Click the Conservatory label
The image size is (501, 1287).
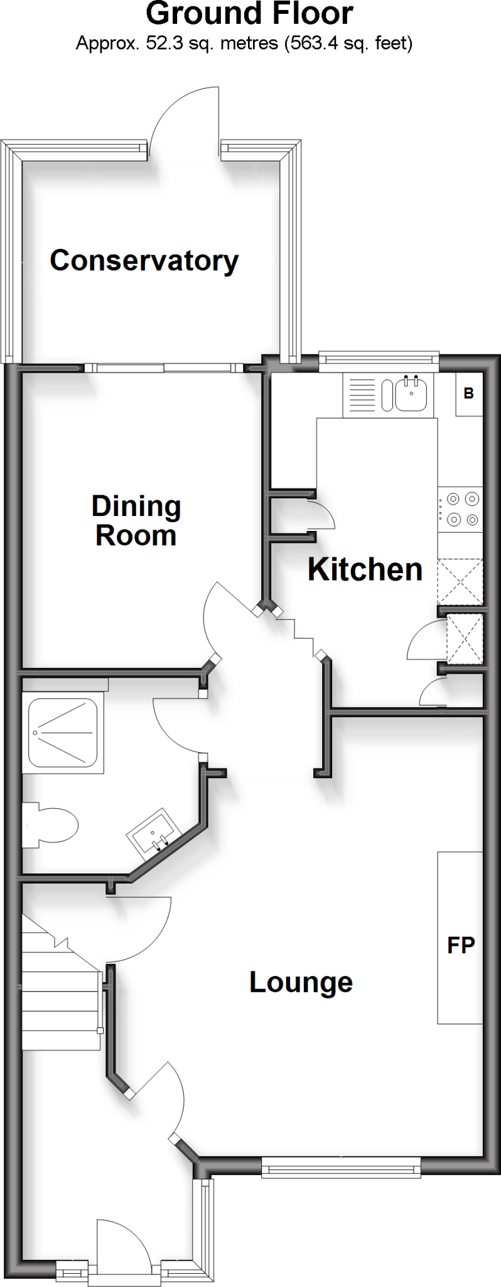click(x=144, y=261)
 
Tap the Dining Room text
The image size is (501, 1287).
click(x=136, y=521)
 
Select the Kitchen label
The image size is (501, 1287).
click(x=365, y=569)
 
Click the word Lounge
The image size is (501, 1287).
click(x=301, y=982)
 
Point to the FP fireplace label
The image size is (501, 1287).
click(x=461, y=945)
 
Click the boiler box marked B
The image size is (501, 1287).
click(x=468, y=394)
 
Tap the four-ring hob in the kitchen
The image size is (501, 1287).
click(x=460, y=510)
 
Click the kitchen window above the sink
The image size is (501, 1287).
click(x=379, y=359)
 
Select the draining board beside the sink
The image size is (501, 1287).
click(x=360, y=394)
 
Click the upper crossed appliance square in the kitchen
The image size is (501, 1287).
click(x=460, y=581)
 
